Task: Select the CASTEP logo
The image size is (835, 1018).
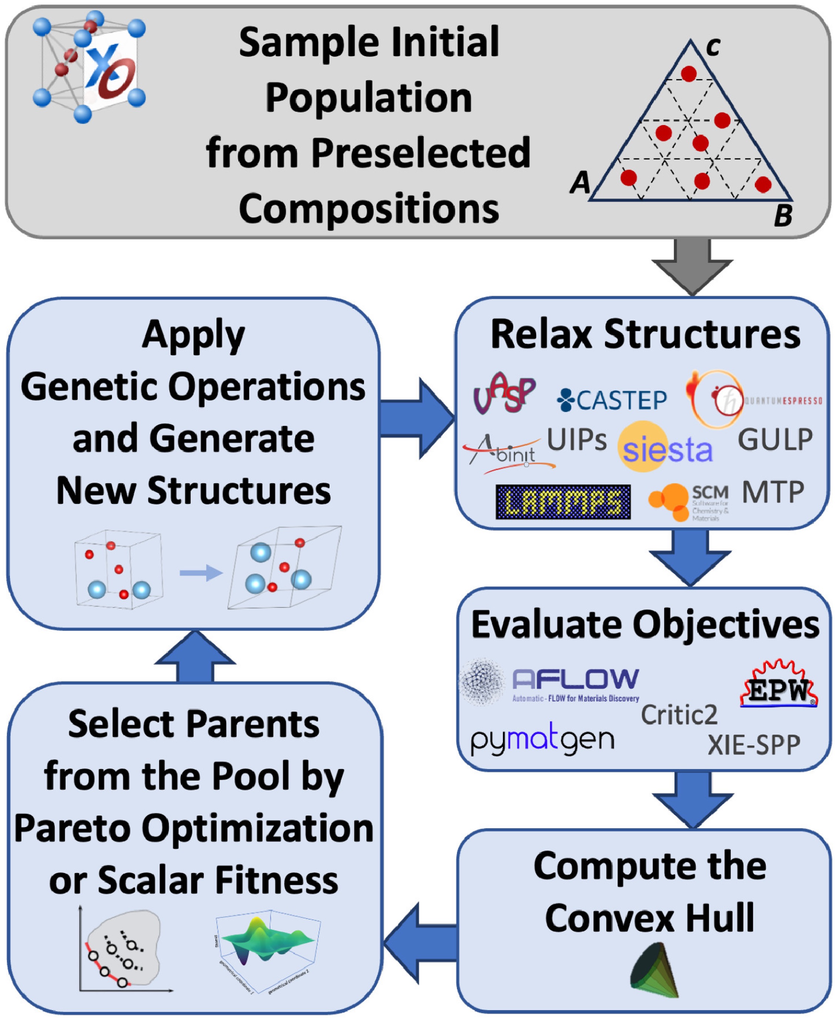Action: [x=612, y=400]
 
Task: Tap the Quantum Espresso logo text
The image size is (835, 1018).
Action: [x=783, y=400]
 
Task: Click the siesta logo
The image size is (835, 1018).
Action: [x=666, y=448]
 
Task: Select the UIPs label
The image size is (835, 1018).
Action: [x=577, y=439]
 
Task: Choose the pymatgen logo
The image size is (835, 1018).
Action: [x=542, y=740]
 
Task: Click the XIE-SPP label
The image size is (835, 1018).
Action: [x=754, y=745]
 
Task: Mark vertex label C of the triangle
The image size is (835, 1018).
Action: [x=713, y=47]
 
